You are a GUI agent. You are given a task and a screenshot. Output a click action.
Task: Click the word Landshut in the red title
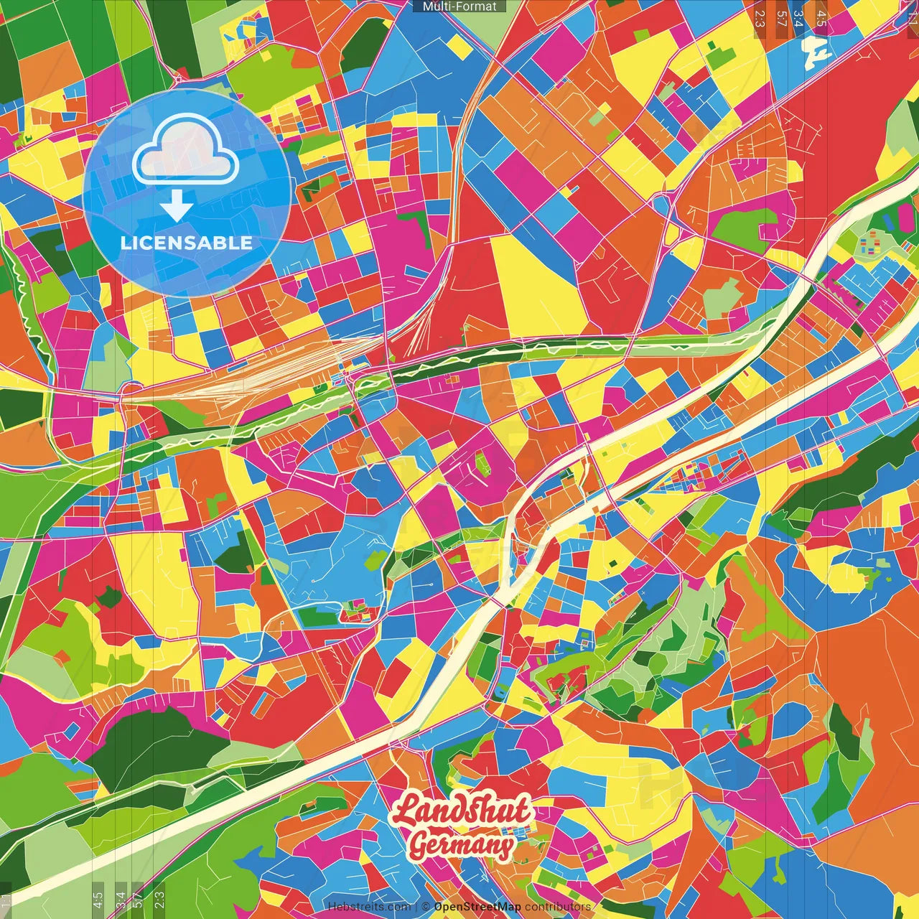(x=462, y=811)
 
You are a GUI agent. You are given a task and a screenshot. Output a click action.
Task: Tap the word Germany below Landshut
(x=462, y=846)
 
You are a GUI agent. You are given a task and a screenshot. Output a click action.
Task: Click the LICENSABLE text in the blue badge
(x=187, y=243)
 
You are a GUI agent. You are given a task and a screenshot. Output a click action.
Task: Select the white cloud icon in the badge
(x=186, y=149)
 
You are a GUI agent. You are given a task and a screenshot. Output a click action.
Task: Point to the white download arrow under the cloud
(x=176, y=205)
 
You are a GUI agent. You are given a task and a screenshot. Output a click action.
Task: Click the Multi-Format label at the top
(x=459, y=6)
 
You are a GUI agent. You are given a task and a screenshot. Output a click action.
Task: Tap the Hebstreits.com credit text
(x=369, y=907)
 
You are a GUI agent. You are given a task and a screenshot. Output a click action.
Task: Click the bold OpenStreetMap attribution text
(x=477, y=907)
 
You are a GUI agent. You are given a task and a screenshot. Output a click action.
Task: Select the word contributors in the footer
(x=557, y=907)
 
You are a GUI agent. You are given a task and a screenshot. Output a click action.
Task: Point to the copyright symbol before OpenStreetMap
(x=426, y=907)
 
